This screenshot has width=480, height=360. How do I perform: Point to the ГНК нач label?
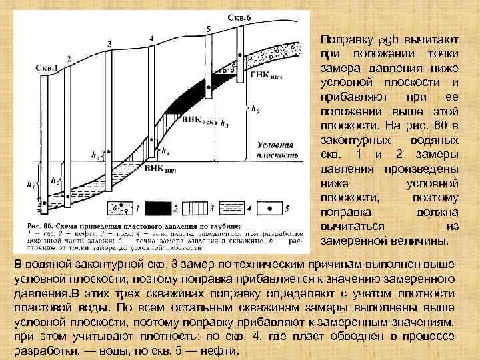point(267,75)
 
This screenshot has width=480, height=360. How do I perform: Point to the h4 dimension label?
point(165,151)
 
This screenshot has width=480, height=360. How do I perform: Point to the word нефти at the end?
point(211,351)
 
